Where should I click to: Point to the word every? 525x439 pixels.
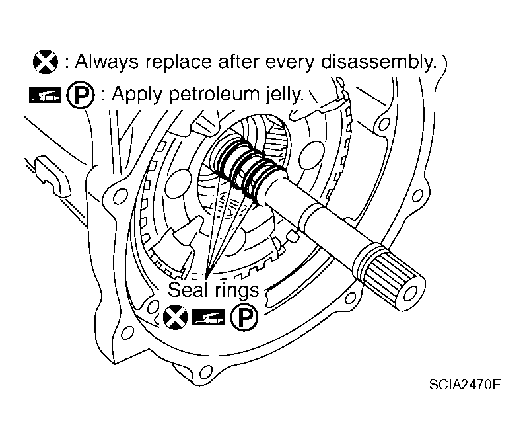[293, 63]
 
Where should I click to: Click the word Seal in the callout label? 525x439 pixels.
[187, 290]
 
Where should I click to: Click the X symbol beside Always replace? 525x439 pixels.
[45, 63]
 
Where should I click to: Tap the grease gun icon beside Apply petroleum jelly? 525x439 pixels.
[45, 95]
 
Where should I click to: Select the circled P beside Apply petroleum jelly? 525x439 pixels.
[77, 95]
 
